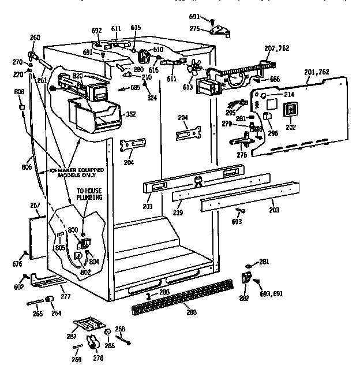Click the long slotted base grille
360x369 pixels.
(185, 300)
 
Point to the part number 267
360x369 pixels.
(35, 204)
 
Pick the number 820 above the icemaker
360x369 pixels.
(78, 76)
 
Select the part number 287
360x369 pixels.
(72, 335)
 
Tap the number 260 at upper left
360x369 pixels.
(35, 38)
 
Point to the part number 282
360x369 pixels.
(245, 297)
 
